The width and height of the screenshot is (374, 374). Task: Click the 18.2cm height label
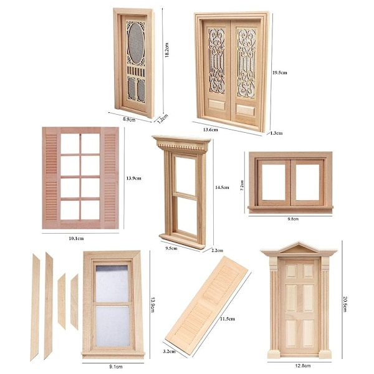click(x=166, y=50)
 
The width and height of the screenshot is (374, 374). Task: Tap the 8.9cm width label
click(x=129, y=120)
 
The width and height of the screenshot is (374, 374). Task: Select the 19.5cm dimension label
click(x=280, y=72)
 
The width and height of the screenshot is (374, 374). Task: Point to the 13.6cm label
click(x=211, y=130)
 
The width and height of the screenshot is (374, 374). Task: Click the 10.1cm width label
click(x=76, y=238)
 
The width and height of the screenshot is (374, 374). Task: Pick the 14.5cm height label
click(x=222, y=188)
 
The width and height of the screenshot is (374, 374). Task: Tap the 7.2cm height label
click(x=242, y=185)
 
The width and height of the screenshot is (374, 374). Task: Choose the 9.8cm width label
click(x=293, y=219)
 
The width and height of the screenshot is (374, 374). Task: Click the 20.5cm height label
click(x=345, y=304)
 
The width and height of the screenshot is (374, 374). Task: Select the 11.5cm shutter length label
click(x=228, y=319)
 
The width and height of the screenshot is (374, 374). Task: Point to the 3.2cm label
click(x=170, y=352)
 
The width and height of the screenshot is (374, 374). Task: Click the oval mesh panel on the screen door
click(x=136, y=43)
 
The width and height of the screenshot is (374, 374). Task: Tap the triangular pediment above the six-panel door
click(x=299, y=248)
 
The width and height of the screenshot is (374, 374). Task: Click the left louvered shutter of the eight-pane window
click(x=51, y=178)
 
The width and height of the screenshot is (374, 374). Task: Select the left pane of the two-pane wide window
click(x=274, y=182)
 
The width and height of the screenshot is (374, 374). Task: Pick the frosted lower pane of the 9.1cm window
click(x=112, y=325)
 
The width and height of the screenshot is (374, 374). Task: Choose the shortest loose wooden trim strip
click(x=62, y=301)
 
